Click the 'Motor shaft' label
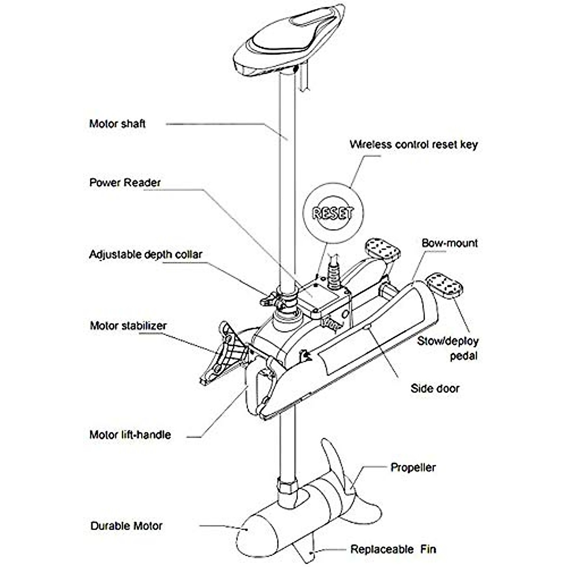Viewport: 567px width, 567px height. coord(117,124)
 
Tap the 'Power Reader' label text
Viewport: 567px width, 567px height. coord(125,182)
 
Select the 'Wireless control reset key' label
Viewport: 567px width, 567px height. coord(413,144)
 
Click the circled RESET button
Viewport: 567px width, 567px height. coord(333,213)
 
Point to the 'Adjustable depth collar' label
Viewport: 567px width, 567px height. coord(146,255)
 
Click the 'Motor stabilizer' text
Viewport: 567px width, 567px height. coord(128,326)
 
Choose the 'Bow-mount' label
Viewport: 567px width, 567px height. coord(449,243)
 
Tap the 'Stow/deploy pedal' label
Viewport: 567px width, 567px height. coord(447,348)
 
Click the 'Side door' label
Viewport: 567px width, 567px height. coord(434,388)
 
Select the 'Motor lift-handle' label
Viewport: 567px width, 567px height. coord(130,434)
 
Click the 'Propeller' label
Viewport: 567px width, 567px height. coord(413,467)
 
